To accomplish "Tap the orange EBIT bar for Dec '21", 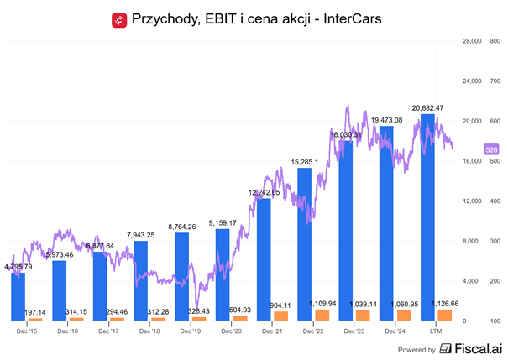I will [280, 316].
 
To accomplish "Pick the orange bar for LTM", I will [445, 315].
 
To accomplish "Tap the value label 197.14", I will [34, 311].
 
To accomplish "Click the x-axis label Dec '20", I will [231, 331].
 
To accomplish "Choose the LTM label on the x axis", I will [437, 331].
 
